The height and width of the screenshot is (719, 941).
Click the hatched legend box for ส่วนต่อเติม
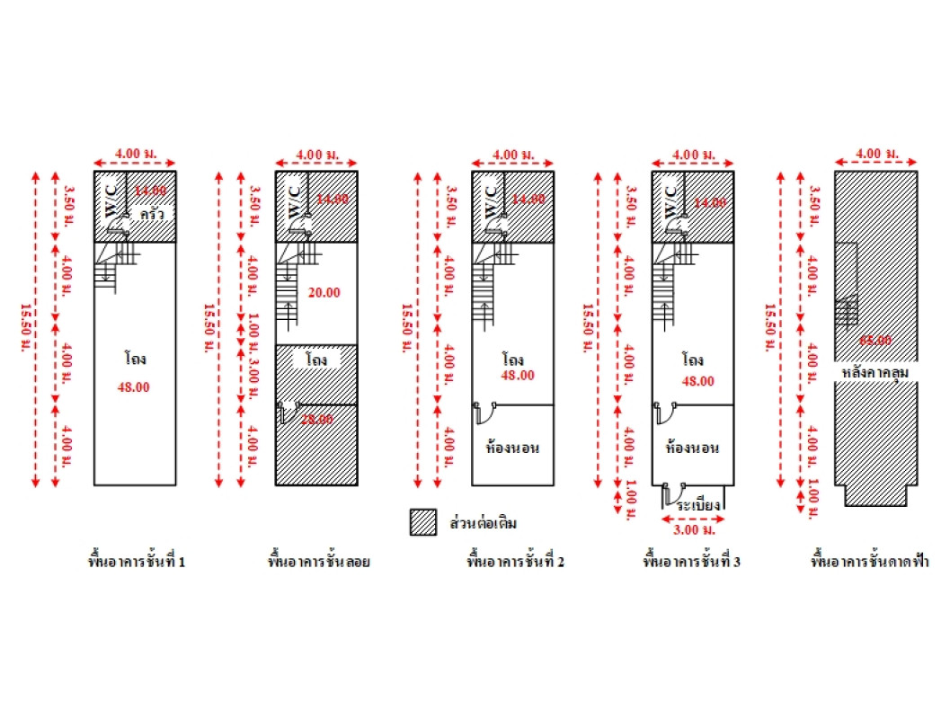423,522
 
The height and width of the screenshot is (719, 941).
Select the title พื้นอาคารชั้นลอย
320,563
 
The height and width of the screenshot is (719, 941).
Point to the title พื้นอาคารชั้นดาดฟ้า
870,563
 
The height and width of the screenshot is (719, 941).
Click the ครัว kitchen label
151,216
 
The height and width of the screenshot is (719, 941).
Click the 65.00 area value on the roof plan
875,341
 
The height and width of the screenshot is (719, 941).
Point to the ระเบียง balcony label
700,506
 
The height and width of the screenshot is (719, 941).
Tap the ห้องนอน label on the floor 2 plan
511,447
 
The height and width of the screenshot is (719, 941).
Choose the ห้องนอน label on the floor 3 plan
692,447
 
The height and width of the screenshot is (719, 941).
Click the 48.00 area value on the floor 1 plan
134,387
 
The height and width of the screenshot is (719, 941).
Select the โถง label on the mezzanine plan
315,359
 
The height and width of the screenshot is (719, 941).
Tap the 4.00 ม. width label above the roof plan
875,154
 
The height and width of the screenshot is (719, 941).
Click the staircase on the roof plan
848,312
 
